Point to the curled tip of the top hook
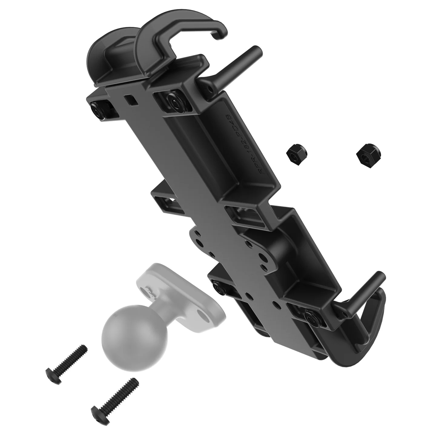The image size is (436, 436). point(221,35)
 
